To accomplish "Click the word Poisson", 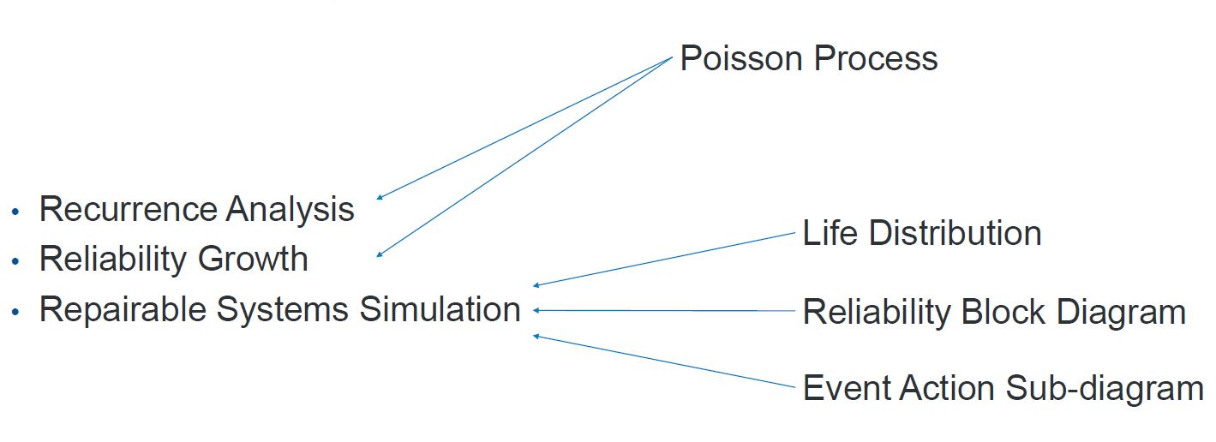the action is point(741,58).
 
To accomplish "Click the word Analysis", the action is point(290,209).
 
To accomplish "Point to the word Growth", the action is point(253,258).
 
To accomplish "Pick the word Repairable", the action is point(123,309).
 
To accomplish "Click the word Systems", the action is point(283,310).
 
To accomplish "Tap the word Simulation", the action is point(440,309).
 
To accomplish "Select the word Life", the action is point(830,233).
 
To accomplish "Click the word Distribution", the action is point(955,233).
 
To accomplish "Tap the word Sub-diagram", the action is point(1105,388).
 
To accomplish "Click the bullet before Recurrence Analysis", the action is point(15,212).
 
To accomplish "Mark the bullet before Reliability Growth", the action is point(15,261).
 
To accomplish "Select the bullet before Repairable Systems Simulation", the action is point(15,312).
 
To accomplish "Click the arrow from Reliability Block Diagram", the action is point(664,311).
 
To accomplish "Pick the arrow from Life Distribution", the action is point(664,260).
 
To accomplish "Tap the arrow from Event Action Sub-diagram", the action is point(664,361).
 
